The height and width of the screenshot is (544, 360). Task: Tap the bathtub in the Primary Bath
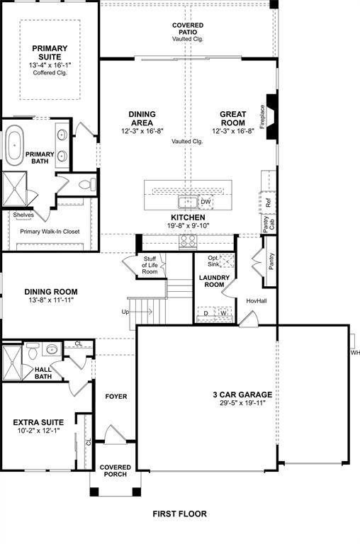(x=15, y=149)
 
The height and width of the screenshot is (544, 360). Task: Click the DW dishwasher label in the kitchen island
(x=206, y=202)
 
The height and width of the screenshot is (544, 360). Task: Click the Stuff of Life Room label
(x=150, y=266)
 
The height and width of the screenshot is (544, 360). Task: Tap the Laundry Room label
(x=212, y=281)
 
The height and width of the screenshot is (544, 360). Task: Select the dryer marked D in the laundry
(x=206, y=312)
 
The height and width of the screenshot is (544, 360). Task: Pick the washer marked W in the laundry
(x=223, y=312)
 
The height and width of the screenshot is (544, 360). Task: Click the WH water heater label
(x=354, y=352)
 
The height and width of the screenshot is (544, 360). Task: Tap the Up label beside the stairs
(x=126, y=312)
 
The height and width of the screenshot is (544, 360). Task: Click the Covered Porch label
(x=115, y=470)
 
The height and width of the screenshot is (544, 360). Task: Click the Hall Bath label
(x=47, y=372)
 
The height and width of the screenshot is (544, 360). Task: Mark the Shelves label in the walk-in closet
(x=23, y=215)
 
